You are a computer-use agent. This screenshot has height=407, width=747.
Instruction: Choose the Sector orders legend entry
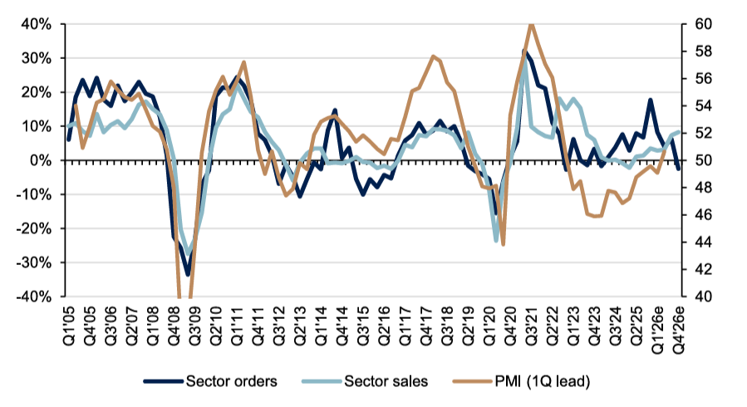coord(211,381)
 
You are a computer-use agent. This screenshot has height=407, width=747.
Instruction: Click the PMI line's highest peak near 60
coord(531,24)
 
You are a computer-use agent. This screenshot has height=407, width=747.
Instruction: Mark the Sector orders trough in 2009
coord(189,274)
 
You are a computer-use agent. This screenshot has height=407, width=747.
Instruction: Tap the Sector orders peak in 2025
coord(651,101)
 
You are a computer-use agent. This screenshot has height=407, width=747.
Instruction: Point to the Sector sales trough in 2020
coord(497,241)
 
